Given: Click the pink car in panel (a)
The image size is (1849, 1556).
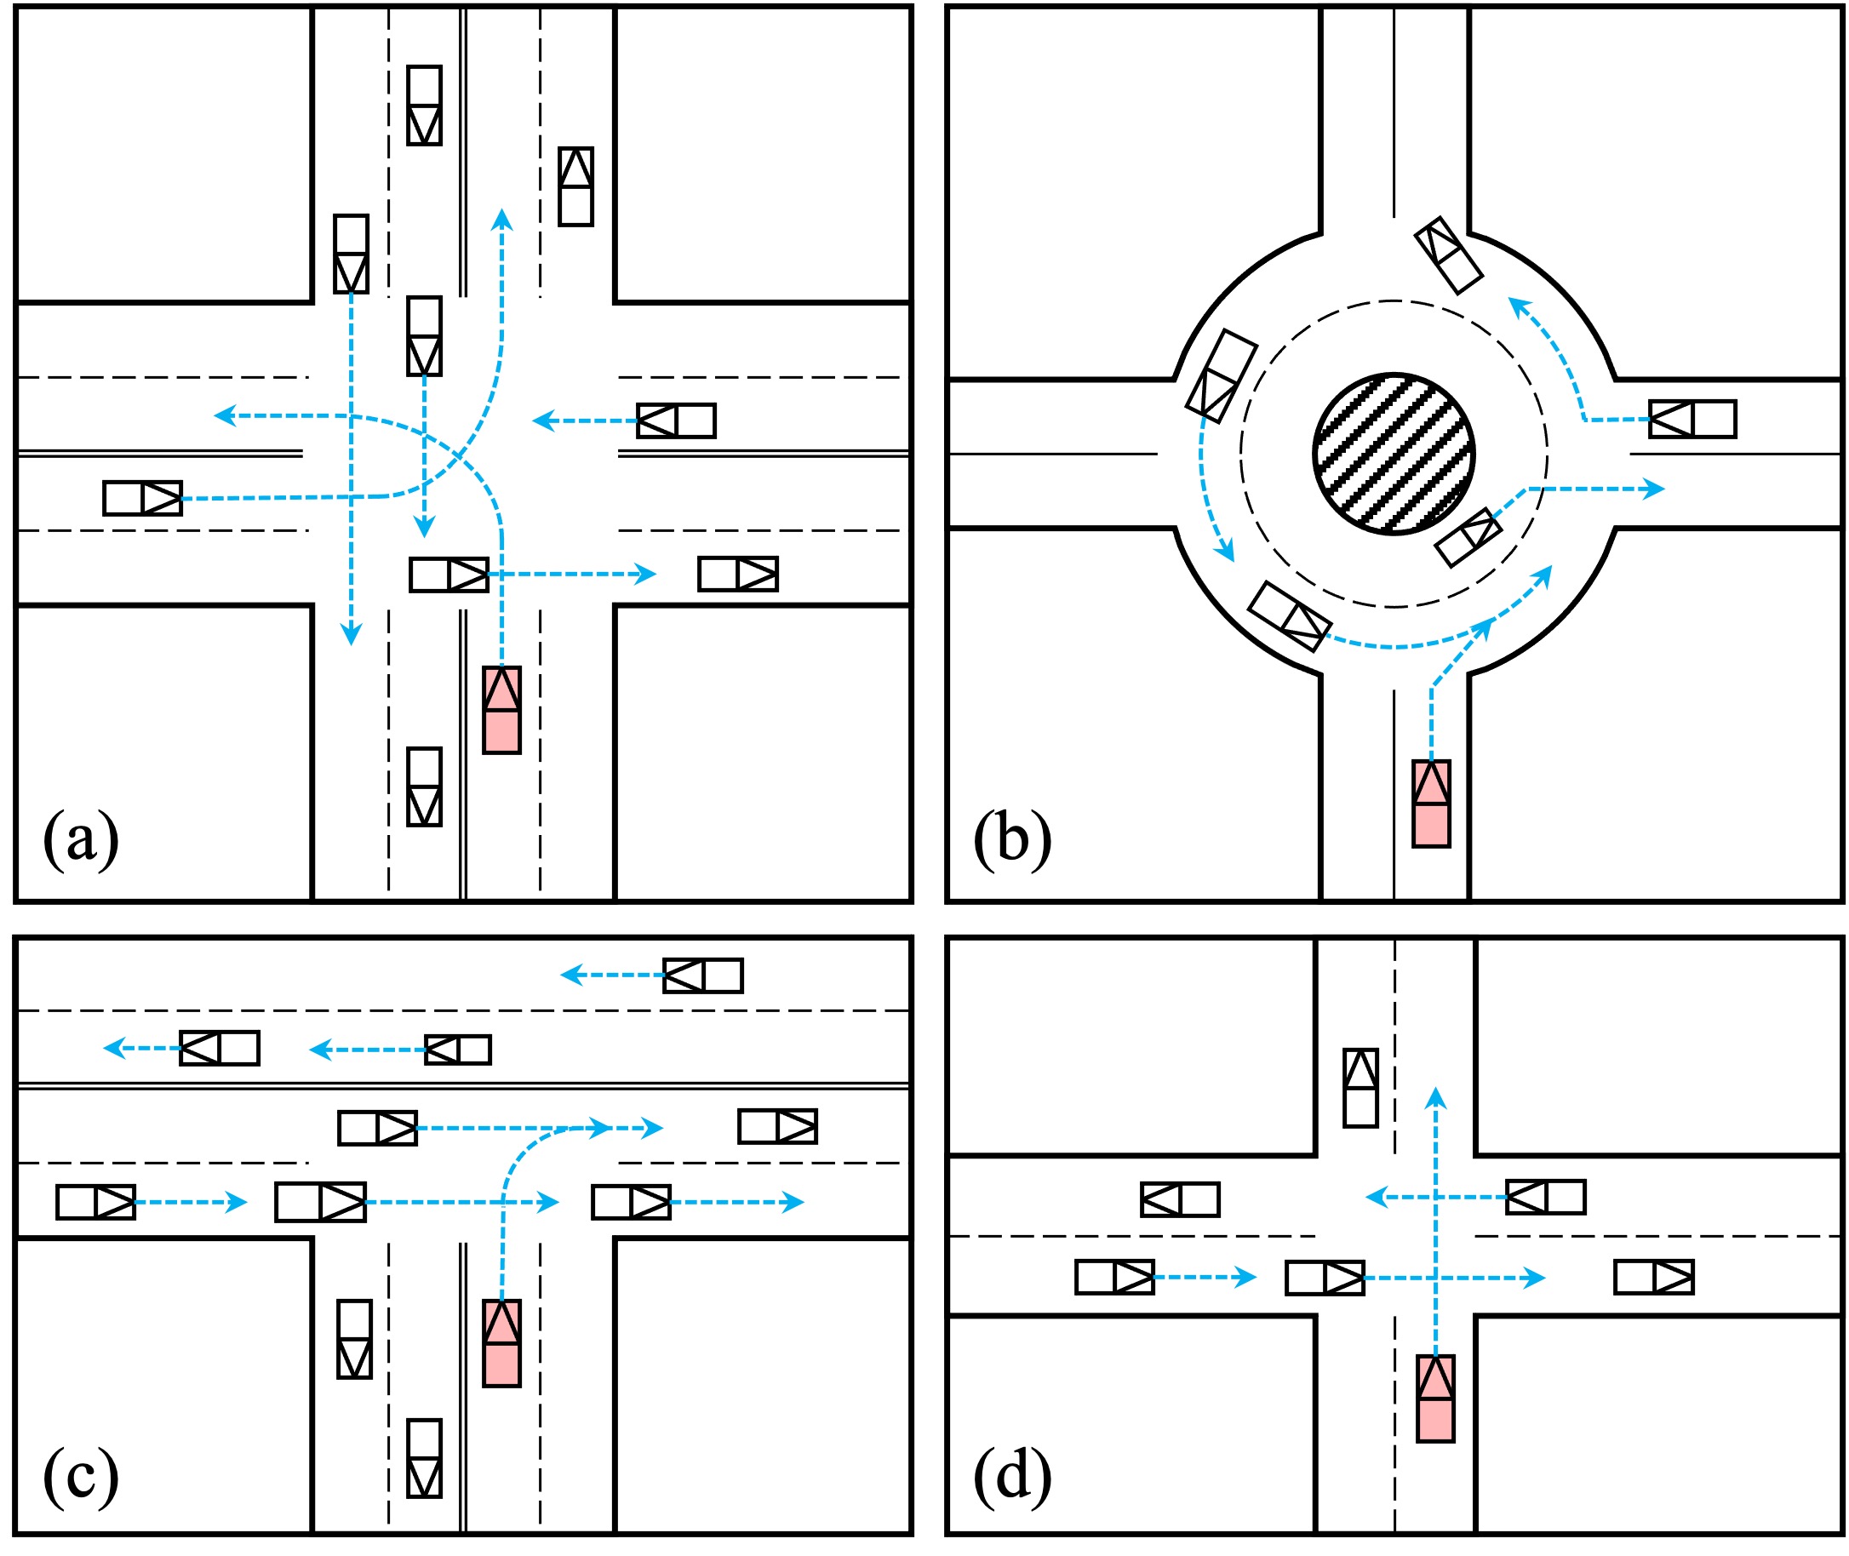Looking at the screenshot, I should (x=501, y=709).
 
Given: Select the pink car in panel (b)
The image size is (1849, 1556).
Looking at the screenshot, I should (x=1431, y=804).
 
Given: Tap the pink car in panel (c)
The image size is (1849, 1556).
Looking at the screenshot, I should (x=501, y=1342).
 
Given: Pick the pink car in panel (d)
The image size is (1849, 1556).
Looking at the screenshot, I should (x=1435, y=1399).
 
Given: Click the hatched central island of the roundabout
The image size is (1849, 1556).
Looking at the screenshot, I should (x=1393, y=454).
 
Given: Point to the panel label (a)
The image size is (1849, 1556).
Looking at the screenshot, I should (x=80, y=838).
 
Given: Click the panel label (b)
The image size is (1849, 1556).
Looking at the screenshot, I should (x=1012, y=838).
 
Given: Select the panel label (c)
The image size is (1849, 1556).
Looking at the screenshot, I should (x=80, y=1475).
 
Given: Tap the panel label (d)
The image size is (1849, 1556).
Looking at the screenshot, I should (x=1012, y=1475).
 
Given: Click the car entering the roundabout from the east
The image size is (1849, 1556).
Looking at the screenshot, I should (x=1692, y=419).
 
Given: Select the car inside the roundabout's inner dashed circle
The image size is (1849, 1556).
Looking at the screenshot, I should (x=1468, y=537).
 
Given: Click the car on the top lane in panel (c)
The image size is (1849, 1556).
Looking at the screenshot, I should (x=703, y=975).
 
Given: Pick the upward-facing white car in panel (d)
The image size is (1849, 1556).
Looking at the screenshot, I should (x=1360, y=1088).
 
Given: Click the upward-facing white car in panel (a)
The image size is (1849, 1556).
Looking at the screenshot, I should (x=576, y=186).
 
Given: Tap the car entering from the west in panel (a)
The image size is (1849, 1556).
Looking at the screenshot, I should (x=142, y=498).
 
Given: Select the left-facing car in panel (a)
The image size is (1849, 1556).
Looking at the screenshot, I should (x=677, y=420).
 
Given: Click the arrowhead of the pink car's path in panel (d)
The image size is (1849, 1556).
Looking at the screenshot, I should (x=1436, y=1098).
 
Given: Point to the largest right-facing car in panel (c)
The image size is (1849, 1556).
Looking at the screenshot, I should (x=320, y=1202).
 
